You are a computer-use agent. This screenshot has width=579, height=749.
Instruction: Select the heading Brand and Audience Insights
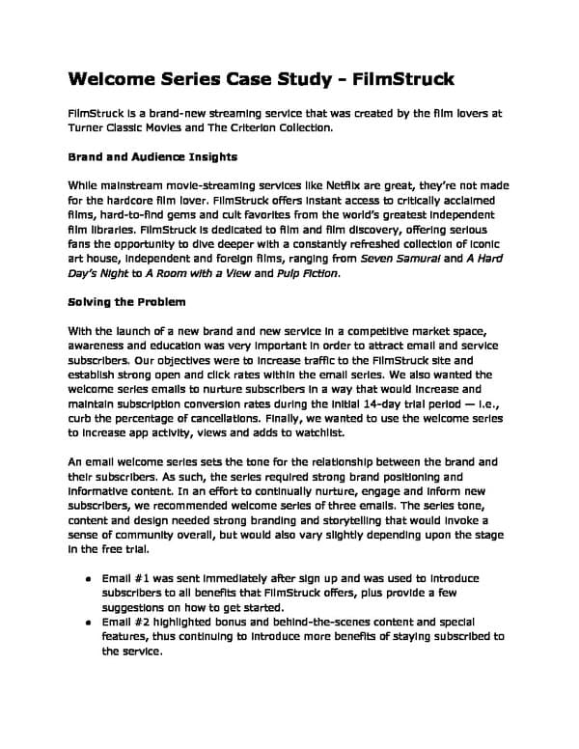pos(152,155)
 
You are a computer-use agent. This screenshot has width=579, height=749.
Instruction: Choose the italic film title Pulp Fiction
pos(310,274)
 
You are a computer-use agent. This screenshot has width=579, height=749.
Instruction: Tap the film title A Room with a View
pos(205,274)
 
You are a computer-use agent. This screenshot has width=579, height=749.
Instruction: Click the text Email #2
pos(124,623)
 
